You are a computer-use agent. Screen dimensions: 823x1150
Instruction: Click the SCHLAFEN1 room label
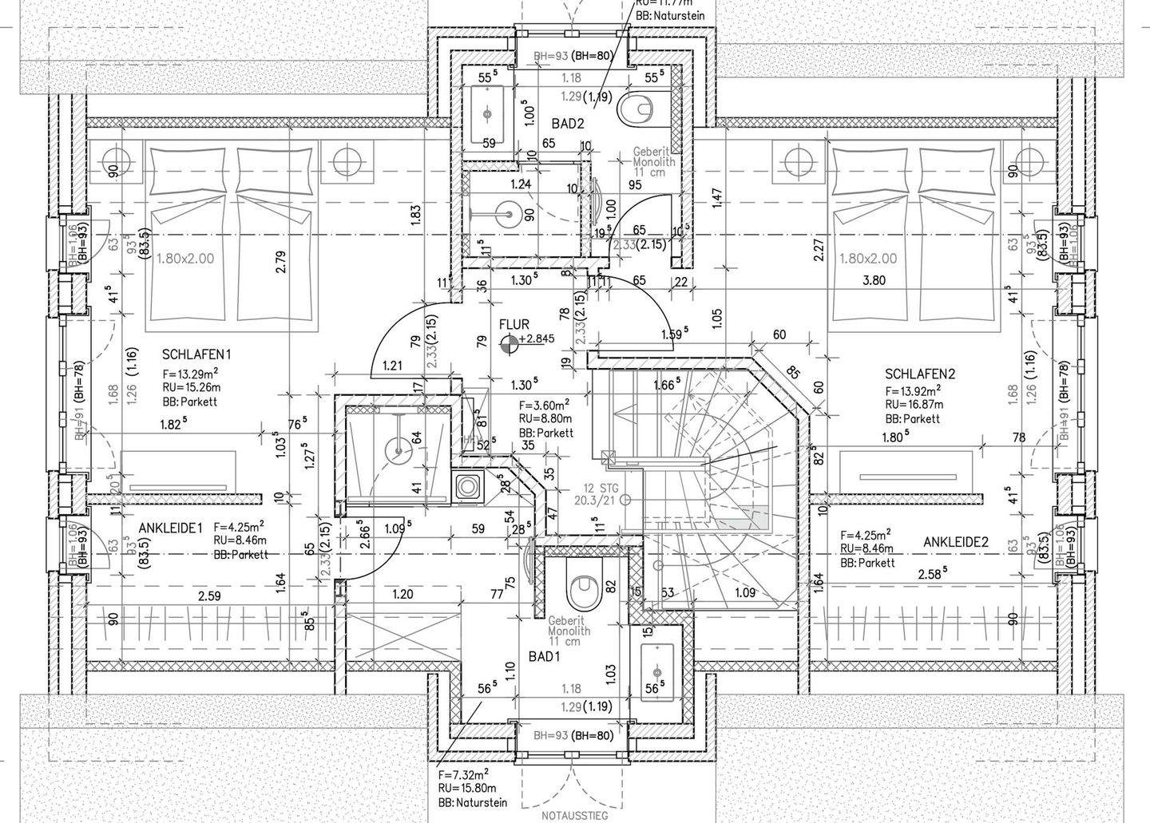[x=196, y=354]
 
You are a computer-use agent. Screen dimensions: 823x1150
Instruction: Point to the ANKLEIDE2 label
[x=956, y=543]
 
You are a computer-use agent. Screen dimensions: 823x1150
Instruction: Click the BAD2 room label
[x=568, y=124]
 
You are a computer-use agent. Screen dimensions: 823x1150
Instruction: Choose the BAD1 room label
[x=544, y=656]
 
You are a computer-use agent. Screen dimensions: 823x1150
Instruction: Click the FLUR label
[x=514, y=325]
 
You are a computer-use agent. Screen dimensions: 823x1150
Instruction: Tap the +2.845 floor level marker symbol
[x=507, y=344]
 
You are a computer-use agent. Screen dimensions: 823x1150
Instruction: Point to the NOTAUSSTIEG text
[x=574, y=816]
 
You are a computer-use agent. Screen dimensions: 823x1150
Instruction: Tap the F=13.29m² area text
[x=191, y=374]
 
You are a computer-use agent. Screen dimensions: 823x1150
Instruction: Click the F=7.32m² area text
[x=463, y=774]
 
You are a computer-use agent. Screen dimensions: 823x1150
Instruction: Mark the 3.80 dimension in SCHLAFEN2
[x=874, y=280]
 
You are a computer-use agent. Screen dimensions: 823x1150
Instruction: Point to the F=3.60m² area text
[x=544, y=405]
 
